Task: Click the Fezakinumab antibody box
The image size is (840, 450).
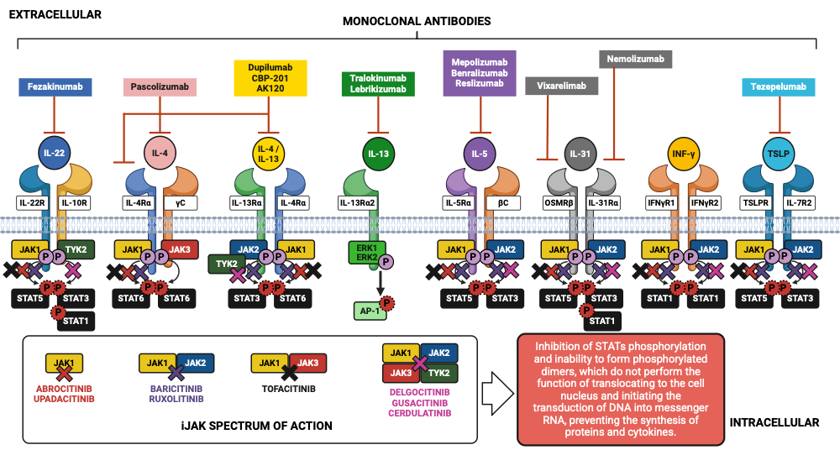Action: (x=56, y=86)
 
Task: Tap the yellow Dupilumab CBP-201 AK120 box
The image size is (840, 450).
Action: (x=270, y=76)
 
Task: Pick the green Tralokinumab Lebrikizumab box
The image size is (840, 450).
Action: (x=379, y=83)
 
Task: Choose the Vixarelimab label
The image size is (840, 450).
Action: (x=561, y=86)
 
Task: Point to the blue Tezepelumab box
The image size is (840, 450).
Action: (x=779, y=86)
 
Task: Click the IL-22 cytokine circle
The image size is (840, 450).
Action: (x=55, y=153)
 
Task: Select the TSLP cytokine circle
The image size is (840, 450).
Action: (x=778, y=153)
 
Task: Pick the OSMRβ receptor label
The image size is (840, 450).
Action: (x=559, y=202)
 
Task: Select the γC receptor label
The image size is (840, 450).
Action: (x=181, y=202)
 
